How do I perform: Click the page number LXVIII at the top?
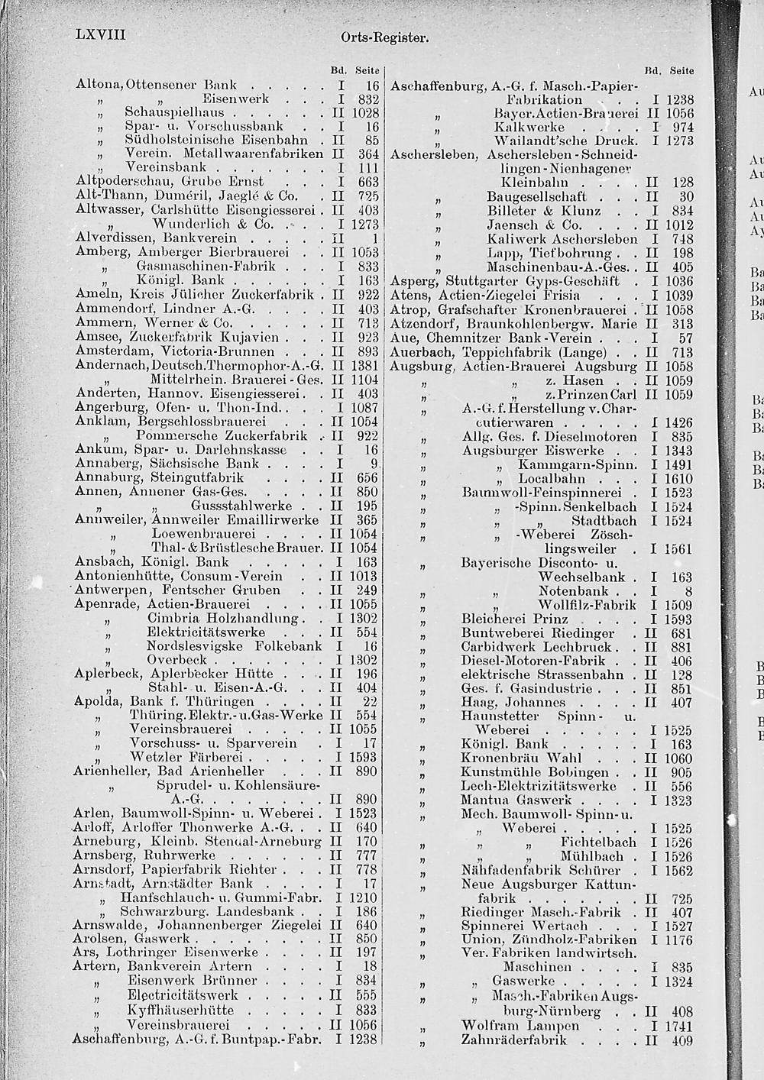(x=101, y=36)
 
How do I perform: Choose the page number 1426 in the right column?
(x=678, y=422)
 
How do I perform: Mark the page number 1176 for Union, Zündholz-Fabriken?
(x=678, y=939)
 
